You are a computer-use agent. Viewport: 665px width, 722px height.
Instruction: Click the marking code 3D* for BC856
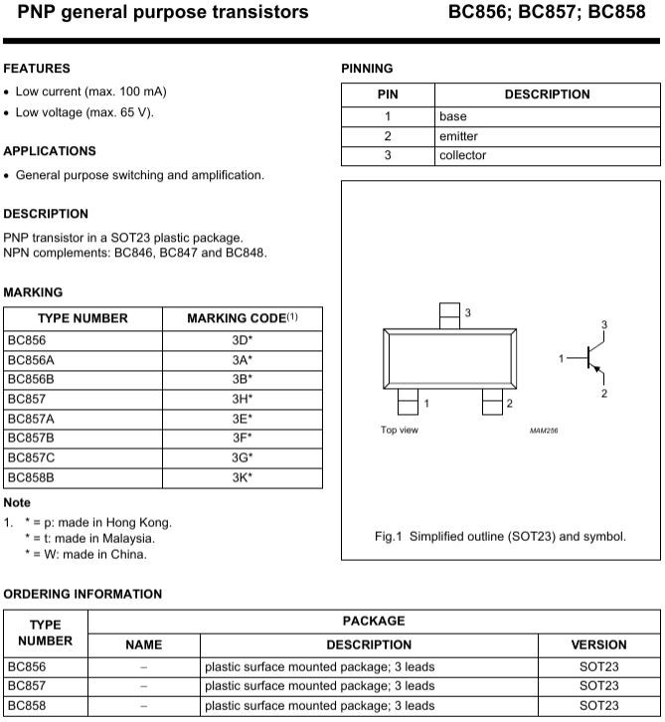[x=242, y=339]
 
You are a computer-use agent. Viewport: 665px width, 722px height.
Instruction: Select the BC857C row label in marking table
[x=33, y=456]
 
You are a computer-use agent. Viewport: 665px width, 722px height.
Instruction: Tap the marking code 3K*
[x=242, y=476]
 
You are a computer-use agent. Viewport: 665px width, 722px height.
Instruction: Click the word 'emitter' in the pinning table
[x=458, y=136]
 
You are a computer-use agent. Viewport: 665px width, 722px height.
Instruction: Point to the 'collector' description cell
[x=462, y=155]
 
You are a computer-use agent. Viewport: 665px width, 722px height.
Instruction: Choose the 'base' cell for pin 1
[x=452, y=116]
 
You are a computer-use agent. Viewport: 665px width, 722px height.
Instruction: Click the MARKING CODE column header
[x=242, y=318]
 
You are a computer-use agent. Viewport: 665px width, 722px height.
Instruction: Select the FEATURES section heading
[x=37, y=69]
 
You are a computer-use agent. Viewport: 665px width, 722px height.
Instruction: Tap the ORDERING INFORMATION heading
[x=83, y=594]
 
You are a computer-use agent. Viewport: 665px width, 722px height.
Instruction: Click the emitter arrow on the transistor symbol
[x=598, y=369]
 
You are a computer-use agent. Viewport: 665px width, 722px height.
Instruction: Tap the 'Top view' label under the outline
[x=400, y=431]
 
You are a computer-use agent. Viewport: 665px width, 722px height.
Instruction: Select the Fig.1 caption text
[x=500, y=537]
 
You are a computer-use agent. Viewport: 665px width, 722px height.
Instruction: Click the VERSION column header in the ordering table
[x=598, y=644]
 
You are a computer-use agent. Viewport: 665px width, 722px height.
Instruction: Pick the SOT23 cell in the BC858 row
[x=598, y=705]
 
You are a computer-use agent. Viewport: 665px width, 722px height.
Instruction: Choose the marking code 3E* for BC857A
[x=242, y=418]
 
